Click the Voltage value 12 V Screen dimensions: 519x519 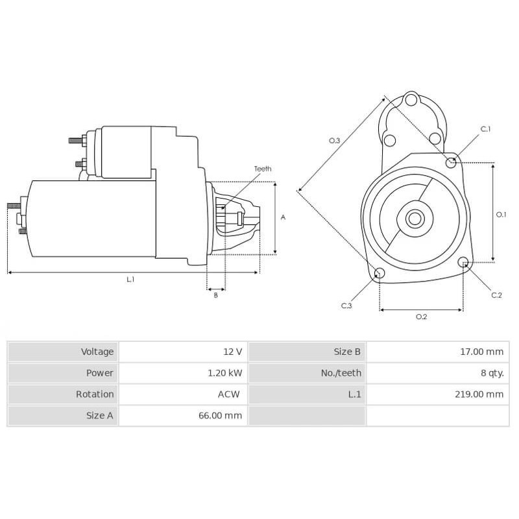pos(232,352)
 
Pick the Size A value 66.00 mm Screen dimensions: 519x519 pos(220,416)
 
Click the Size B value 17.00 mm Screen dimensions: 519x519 pos(481,352)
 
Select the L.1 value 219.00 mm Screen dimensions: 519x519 pos(478,394)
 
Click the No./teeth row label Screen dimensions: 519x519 pos(341,373)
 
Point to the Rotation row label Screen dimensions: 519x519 pos(95,394)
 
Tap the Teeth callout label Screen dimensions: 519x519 pos(263,169)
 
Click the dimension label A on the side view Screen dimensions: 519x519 pos(283,218)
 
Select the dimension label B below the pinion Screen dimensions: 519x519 pos(216,296)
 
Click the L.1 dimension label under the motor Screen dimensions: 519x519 pos(130,280)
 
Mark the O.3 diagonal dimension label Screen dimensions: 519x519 pos(335,140)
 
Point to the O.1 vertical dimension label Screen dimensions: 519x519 pos(501,214)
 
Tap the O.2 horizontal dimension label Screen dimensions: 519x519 pos(421,317)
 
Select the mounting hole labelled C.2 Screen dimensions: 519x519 pos(463,262)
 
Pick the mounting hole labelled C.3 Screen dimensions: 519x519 pos(380,272)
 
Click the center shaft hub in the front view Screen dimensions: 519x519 pos(415,219)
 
